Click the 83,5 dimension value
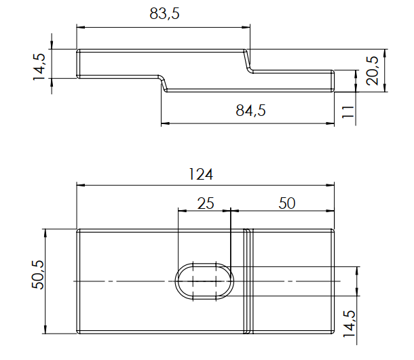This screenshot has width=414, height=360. pyautogui.click(x=164, y=14)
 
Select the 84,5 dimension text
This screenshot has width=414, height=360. pyautogui.click(x=250, y=111)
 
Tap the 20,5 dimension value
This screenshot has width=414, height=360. pyautogui.click(x=373, y=71)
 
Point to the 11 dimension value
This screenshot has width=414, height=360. pyautogui.click(x=347, y=112)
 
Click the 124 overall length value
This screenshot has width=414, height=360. pyautogui.click(x=201, y=174)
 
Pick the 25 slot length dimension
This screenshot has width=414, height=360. pyautogui.click(x=206, y=203)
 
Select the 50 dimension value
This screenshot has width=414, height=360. pyautogui.click(x=286, y=203)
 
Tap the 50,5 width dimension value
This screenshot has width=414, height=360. pyautogui.click(x=38, y=275)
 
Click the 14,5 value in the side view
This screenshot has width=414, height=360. pyautogui.click(x=39, y=67)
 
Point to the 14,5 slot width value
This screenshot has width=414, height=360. pyautogui.click(x=349, y=323)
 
